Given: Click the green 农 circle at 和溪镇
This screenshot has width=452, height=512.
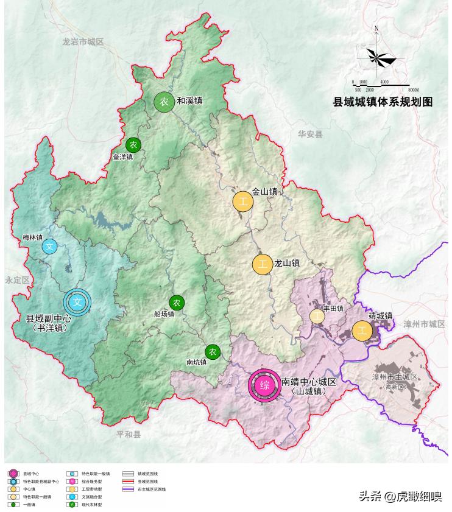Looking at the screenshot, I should coord(164,102).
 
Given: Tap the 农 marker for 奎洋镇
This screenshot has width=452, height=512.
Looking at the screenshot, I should coord(133,145).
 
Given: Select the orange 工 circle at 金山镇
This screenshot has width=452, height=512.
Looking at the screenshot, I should coord(243,202).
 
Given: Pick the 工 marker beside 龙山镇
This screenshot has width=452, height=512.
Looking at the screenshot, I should coord(263,265).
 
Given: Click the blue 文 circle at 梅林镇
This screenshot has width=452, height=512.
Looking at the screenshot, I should coord(50,247).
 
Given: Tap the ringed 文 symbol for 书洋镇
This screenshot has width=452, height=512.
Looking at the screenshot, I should coord(77,301).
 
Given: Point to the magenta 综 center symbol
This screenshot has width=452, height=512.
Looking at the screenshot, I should coord(264,385).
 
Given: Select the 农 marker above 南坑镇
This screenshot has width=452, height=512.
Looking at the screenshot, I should coord(212,351).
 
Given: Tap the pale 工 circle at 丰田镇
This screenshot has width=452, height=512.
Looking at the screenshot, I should coord(317,316).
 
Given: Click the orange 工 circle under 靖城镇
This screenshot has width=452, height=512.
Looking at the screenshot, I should coord(362,331).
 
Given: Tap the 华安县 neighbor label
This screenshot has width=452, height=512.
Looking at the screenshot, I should coord(310,134).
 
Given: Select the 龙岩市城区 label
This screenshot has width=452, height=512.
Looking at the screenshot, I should coord(83,41).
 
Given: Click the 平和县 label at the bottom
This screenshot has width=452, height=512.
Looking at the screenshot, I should coord(129,435).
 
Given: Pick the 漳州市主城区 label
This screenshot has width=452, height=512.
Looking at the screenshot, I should coord(395,377).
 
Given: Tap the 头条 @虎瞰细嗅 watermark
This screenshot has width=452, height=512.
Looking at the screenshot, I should coord(400,497).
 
